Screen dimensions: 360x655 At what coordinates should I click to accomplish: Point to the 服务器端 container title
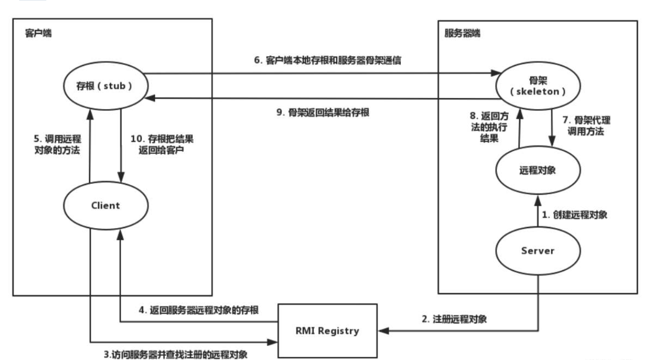point(463,33)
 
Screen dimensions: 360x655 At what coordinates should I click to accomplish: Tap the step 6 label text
point(326,60)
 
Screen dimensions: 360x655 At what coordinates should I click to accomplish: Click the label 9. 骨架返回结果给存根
point(323,112)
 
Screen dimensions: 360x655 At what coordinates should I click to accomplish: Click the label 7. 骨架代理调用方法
point(586,126)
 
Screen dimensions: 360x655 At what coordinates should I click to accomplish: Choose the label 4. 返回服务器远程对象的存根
point(200,310)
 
